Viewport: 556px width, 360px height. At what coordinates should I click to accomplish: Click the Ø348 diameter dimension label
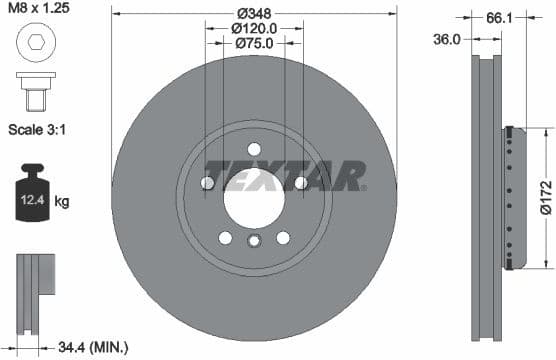point(254,14)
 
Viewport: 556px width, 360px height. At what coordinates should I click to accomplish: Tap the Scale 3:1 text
point(39,130)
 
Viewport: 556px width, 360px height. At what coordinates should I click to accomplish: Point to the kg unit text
point(62,202)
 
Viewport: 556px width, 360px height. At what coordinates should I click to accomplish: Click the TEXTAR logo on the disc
point(285,175)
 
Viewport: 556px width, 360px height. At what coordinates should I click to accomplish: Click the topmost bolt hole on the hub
point(254,149)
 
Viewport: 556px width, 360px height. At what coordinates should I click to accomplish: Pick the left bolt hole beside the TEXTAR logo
point(208,182)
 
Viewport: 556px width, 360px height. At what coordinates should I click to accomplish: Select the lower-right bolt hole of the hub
point(283,237)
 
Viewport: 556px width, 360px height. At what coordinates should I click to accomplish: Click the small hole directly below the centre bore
point(254,240)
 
